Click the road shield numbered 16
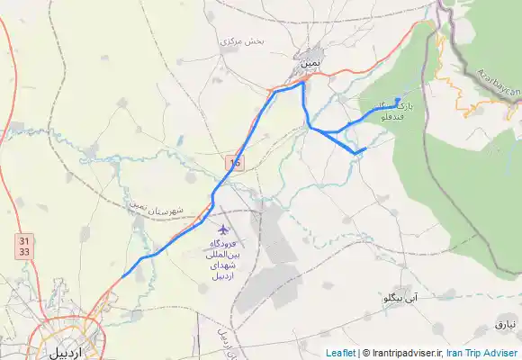(x=235, y=162)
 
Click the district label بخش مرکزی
(x=241, y=41)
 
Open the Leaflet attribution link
(x=340, y=353)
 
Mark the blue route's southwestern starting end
(x=121, y=276)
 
